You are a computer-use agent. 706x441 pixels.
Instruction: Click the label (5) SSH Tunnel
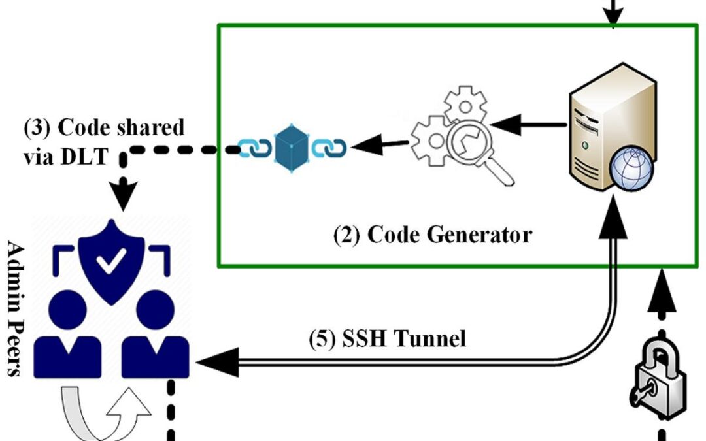pos(387,338)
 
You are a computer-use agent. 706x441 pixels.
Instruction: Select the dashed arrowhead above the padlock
pos(662,287)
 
